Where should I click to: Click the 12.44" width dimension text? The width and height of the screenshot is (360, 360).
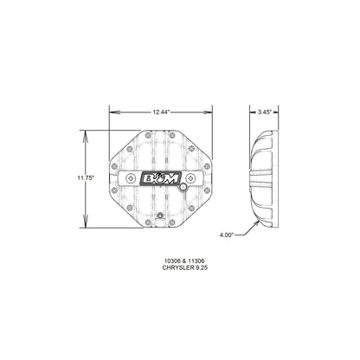[x=157, y=112]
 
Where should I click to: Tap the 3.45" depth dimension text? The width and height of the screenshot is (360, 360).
[x=266, y=112]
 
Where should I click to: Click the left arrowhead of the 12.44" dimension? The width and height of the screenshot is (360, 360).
[x=111, y=112]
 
